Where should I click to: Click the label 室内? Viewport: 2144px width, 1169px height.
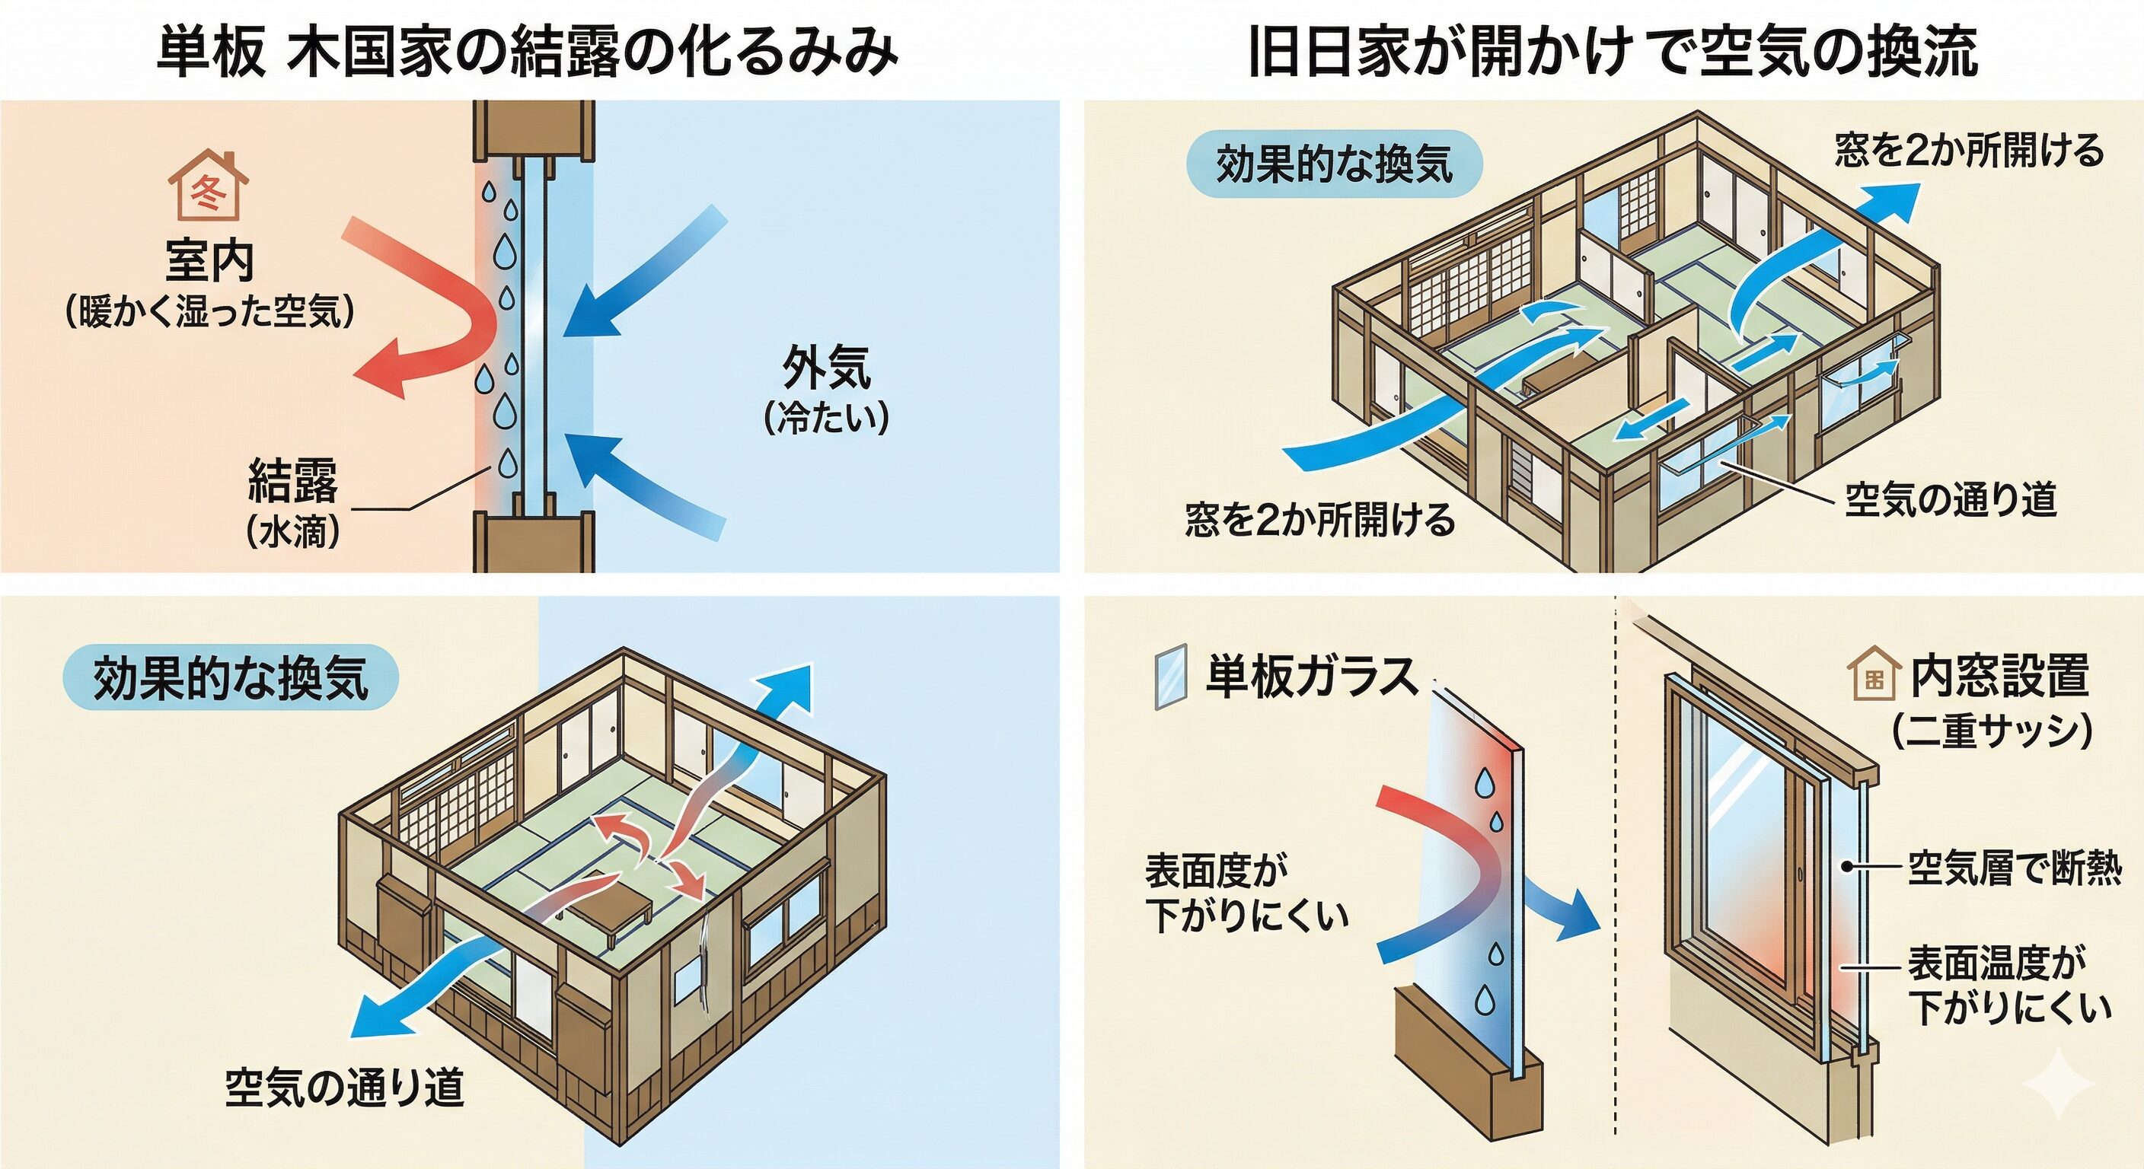click(x=209, y=260)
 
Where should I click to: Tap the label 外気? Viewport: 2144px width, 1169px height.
click(x=827, y=367)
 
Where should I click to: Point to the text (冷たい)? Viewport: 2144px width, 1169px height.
click(x=827, y=418)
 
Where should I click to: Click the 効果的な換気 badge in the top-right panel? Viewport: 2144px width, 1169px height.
click(x=1334, y=164)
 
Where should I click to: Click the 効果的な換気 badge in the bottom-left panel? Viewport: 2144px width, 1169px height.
click(x=231, y=677)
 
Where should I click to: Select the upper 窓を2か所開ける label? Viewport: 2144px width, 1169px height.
click(x=1969, y=151)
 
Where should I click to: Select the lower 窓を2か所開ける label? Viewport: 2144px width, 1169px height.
click(x=1320, y=520)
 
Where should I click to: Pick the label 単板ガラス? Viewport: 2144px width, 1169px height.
click(x=1313, y=676)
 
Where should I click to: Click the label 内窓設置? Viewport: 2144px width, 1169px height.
click(x=2000, y=676)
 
